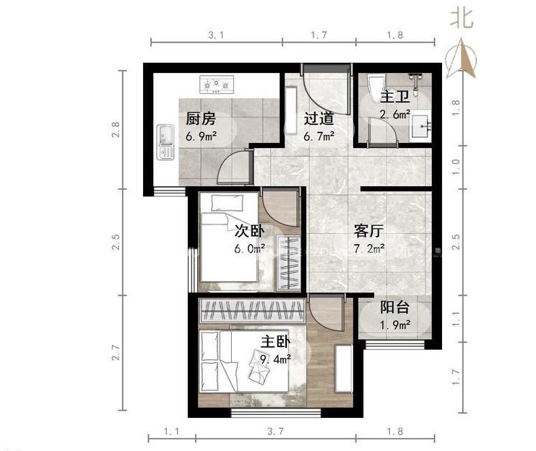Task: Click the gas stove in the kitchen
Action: pos(217,84)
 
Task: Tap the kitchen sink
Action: pos(165,142)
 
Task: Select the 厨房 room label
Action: pos(201,119)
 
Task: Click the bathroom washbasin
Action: pos(421,126)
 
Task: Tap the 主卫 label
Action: pos(395,97)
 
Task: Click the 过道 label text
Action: pos(319,118)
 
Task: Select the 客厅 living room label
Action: pos(368,231)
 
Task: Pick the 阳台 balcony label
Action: pos(395,307)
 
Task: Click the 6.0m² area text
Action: pos(249,248)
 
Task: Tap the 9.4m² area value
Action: pos(275,359)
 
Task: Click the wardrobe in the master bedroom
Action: pos(252,310)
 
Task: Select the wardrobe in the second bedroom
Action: pos(289,263)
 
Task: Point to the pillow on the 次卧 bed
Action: pos(227,203)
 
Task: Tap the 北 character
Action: pos(462,18)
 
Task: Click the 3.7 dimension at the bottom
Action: pos(275,432)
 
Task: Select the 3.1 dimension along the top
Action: pos(217,35)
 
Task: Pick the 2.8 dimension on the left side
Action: pos(116,129)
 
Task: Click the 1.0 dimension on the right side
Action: pos(456,167)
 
